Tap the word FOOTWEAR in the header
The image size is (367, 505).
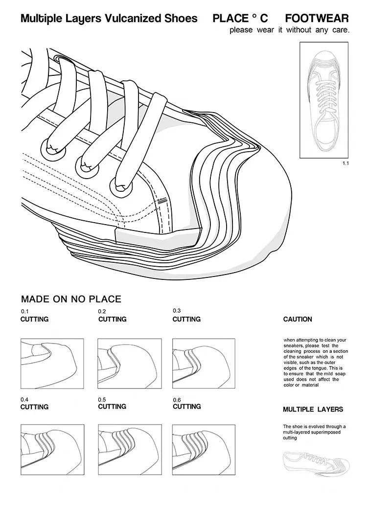[x=317, y=19]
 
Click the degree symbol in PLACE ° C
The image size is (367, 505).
[x=254, y=16]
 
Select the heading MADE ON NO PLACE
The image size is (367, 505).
[x=71, y=299]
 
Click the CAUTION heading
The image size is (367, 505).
[x=298, y=319]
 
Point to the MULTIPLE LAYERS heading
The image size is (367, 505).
[x=313, y=410]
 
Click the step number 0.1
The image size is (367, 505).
[x=25, y=311]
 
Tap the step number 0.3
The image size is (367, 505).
[x=177, y=311]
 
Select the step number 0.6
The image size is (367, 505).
[x=177, y=400]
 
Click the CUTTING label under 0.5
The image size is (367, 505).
[x=112, y=407]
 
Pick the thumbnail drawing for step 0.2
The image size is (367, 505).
[x=129, y=363]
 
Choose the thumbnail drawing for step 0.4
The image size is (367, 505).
[x=52, y=450]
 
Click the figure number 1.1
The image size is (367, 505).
[x=345, y=163]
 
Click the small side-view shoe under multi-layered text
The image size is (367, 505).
[x=316, y=463]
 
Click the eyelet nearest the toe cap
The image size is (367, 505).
[x=120, y=187]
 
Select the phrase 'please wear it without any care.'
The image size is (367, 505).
[x=289, y=30]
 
